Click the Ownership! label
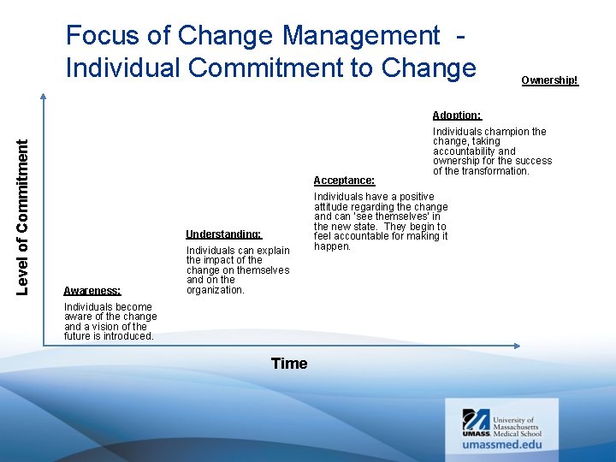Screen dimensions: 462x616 click(549, 80)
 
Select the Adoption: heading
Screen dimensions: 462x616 click(457, 115)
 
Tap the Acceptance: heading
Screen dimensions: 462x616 click(344, 181)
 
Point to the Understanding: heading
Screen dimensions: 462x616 click(223, 234)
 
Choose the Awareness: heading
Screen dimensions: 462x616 click(92, 291)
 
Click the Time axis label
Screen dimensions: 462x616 click(288, 364)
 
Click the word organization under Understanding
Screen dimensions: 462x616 click(216, 290)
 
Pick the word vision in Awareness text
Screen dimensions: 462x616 click(105, 327)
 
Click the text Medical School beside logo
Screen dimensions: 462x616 click(518, 434)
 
